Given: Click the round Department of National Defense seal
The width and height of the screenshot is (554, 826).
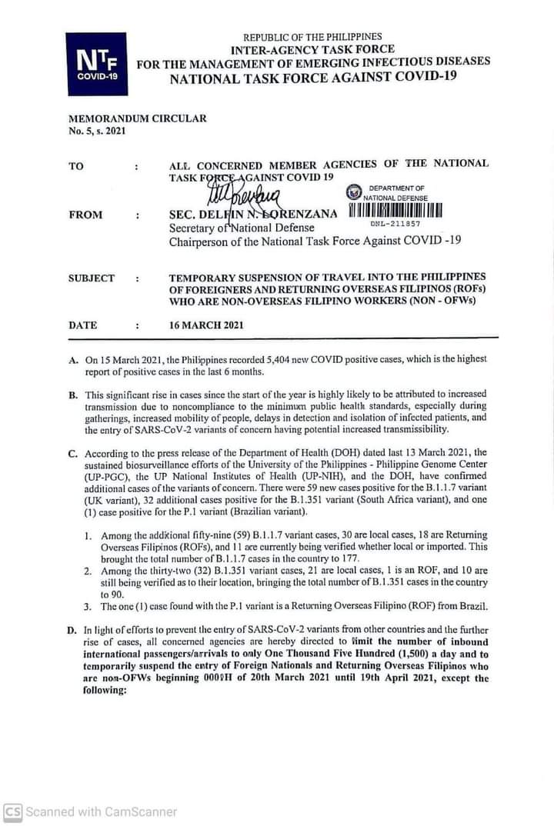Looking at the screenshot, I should click(353, 192).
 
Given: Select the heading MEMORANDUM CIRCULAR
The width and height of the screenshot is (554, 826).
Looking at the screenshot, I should click(138, 118).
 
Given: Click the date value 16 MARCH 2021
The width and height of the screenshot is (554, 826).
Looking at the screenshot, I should click(206, 325).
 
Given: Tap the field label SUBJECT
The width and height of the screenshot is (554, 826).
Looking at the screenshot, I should click(92, 278).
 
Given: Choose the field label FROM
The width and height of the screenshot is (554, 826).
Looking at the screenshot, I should click(85, 215).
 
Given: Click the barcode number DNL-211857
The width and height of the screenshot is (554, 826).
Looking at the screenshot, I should click(395, 224).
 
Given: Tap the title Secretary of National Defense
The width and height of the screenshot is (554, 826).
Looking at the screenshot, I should click(242, 228).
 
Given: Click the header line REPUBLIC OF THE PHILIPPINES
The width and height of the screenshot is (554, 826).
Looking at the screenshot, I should click(312, 36).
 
